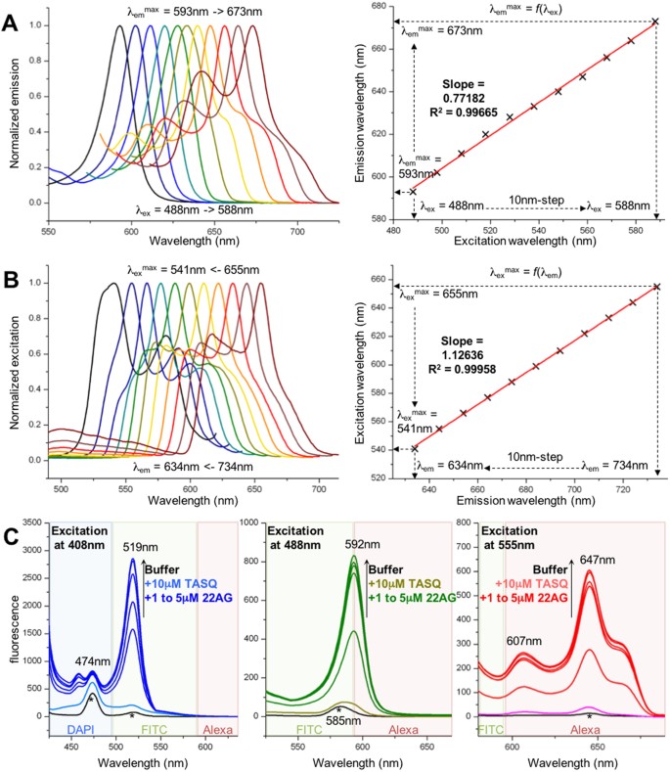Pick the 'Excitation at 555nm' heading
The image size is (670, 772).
tap(514, 559)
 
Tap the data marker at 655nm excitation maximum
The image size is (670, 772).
tap(656, 286)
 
